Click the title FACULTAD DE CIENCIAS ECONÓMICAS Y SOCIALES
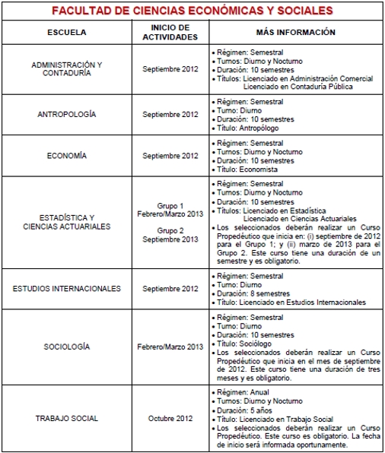tap(192, 11)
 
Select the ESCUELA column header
tap(67, 33)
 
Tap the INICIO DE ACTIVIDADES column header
tap(170, 33)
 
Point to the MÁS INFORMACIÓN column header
tap(296, 33)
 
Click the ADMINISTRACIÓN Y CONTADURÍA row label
tap(67, 69)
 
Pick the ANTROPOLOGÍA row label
tap(67, 114)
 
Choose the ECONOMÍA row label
tap(67, 155)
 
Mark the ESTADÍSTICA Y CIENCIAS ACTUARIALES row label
tap(67, 221)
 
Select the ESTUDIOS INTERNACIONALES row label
tap(67, 289)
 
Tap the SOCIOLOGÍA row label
tap(67, 347)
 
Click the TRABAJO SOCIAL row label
tap(67, 418)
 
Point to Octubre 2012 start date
tap(170, 418)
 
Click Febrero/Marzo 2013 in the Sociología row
tap(170, 347)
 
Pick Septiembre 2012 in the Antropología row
tap(170, 114)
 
